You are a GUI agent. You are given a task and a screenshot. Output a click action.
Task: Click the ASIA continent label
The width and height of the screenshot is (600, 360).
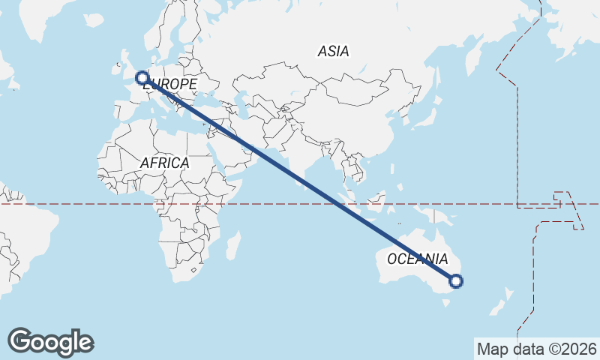click(333, 51)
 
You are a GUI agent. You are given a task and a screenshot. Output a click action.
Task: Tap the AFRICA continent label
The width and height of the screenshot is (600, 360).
click(164, 163)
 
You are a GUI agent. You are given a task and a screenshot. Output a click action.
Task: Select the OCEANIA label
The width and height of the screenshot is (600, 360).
click(416, 259)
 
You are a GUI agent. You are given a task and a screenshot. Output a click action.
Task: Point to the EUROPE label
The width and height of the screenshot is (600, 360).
click(170, 85)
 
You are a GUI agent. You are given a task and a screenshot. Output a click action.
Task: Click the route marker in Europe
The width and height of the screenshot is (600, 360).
click(141, 77)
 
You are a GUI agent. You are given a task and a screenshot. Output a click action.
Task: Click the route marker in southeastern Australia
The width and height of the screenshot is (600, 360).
click(456, 281)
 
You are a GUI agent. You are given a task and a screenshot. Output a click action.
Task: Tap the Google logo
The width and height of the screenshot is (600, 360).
click(50, 342)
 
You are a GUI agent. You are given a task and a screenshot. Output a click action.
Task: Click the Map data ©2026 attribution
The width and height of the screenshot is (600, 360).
click(536, 349)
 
